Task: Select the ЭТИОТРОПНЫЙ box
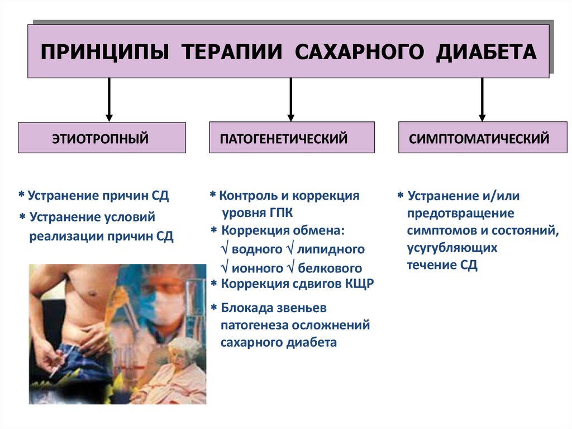tap(101, 138)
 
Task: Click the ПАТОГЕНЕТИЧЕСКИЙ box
tap(292, 138)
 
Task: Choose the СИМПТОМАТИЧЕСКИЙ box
tap(479, 138)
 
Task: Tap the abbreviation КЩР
tap(357, 284)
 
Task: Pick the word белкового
tap(330, 267)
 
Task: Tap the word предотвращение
tap(460, 213)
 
